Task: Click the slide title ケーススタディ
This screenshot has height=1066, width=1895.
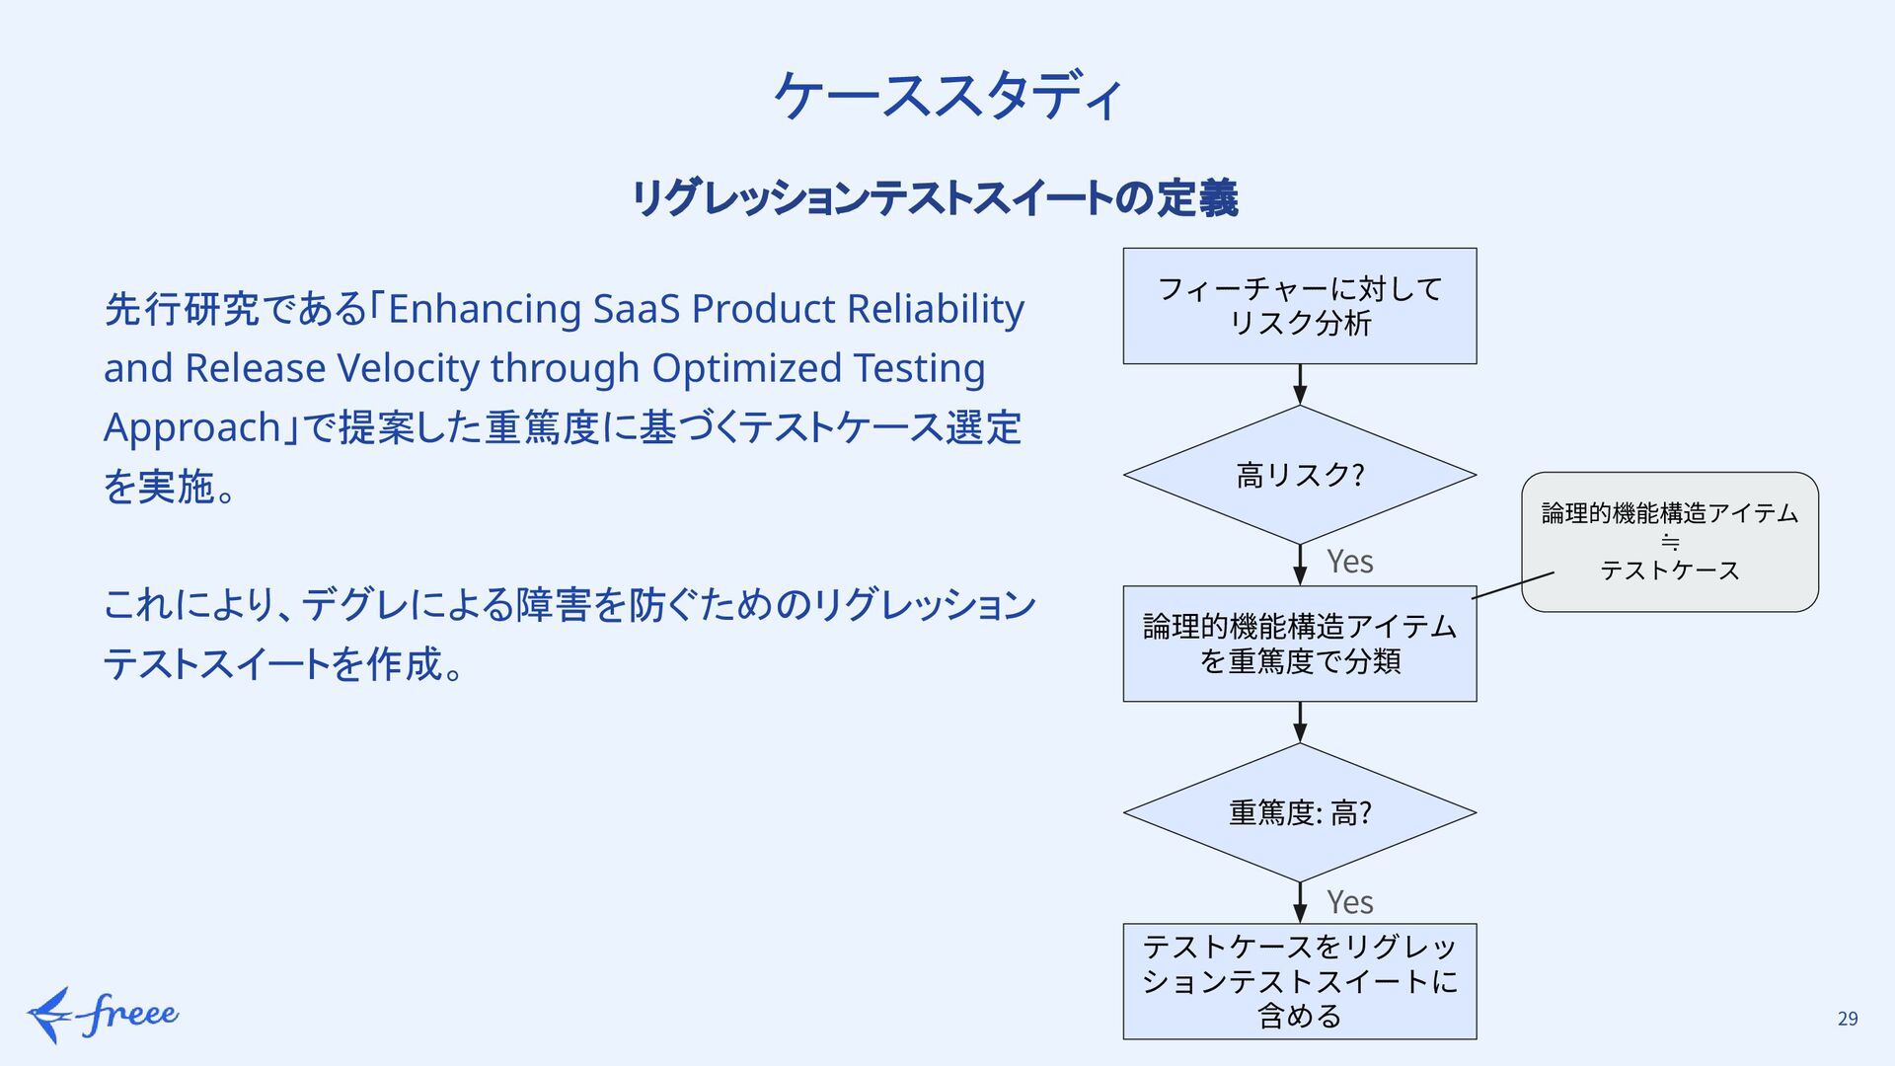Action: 947,96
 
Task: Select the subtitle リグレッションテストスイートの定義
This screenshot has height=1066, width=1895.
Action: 935,198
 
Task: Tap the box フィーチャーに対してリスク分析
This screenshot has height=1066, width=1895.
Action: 1299,306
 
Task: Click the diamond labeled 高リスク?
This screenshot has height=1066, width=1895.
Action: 1299,475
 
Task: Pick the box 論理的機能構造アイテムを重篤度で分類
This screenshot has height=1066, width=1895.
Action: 1299,644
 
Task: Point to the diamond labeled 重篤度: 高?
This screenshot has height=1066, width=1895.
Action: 1299,812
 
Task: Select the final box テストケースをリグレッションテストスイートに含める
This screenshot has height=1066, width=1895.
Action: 1299,981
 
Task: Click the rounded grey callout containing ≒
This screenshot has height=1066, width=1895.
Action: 1669,541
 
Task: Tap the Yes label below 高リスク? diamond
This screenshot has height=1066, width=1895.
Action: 1349,562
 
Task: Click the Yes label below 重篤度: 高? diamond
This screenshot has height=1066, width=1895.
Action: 1349,902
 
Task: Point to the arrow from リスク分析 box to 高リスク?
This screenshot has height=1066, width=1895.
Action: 1300,385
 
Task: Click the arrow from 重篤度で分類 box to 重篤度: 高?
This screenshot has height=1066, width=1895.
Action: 1300,723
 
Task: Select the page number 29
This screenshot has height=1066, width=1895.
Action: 1848,1019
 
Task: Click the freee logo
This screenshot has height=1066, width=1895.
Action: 103,1015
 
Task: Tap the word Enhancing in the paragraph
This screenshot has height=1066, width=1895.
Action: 484,310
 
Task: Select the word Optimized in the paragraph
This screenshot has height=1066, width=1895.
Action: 746,369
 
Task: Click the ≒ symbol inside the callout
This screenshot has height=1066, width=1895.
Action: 1670,542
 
